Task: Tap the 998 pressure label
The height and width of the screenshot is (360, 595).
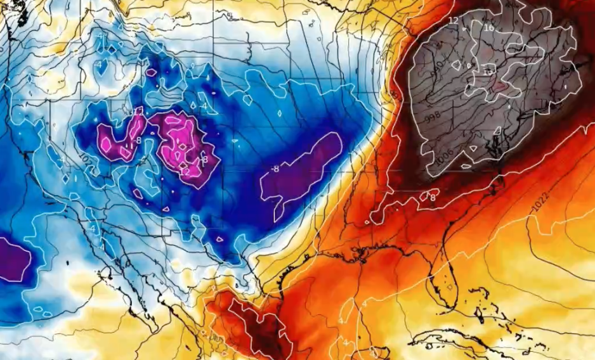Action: [433, 117]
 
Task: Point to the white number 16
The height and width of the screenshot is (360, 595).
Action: [489, 28]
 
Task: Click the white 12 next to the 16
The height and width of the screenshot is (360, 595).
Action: [453, 21]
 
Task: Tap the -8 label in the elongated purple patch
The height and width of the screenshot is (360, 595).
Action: [275, 169]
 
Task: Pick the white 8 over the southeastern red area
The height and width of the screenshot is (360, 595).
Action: [433, 197]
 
